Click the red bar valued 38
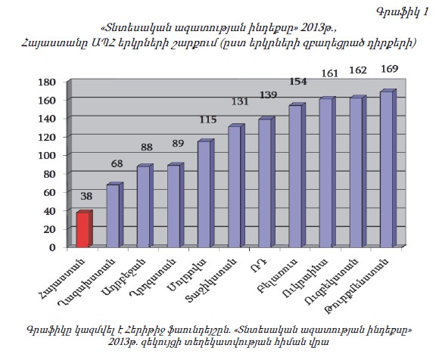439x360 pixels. pyautogui.click(x=85, y=229)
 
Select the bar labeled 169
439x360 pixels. pyautogui.click(x=388, y=169)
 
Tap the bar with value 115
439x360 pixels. pyautogui.click(x=206, y=193)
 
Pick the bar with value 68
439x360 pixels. pyautogui.click(x=115, y=215)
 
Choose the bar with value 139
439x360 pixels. pyautogui.click(x=267, y=182)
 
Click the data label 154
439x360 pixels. pyautogui.click(x=298, y=82)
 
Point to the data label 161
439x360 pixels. pyautogui.click(x=329, y=73)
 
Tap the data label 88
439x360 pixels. pyautogui.click(x=147, y=147)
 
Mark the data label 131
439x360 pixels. pyautogui.click(x=240, y=101)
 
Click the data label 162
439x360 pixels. pyautogui.click(x=358, y=70)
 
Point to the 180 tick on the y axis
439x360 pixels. pyautogui.click(x=48, y=82)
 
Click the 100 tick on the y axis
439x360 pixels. pyautogui.click(x=48, y=156)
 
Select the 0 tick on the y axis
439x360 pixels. pyautogui.click(x=52, y=247)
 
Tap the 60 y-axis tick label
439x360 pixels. pyautogui.click(x=50, y=192)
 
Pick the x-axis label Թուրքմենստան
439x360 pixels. pyautogui.click(x=356, y=286)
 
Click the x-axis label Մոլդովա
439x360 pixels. pyautogui.click(x=187, y=275)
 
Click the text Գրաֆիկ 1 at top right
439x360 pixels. pyautogui.click(x=403, y=12)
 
